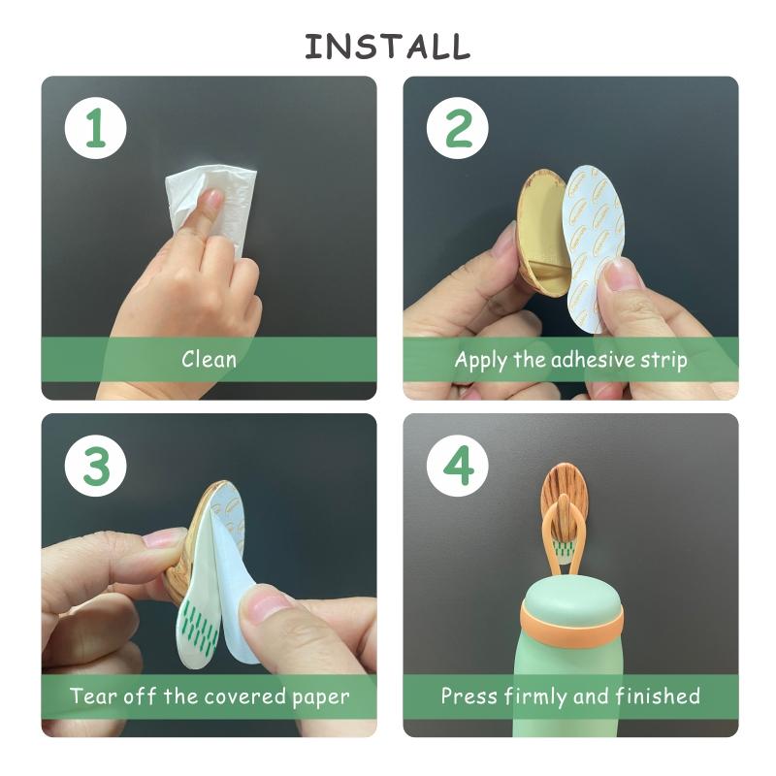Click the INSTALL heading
[x=387, y=47]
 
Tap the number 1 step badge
[x=95, y=128]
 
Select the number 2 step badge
[x=457, y=128]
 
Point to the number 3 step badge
[x=95, y=466]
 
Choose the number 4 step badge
[x=457, y=466]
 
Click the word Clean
[x=209, y=359]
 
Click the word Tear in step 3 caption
[x=93, y=695]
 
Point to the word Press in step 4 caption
[x=469, y=695]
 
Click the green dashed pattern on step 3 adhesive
[x=198, y=626]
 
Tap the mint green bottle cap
[x=570, y=597]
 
